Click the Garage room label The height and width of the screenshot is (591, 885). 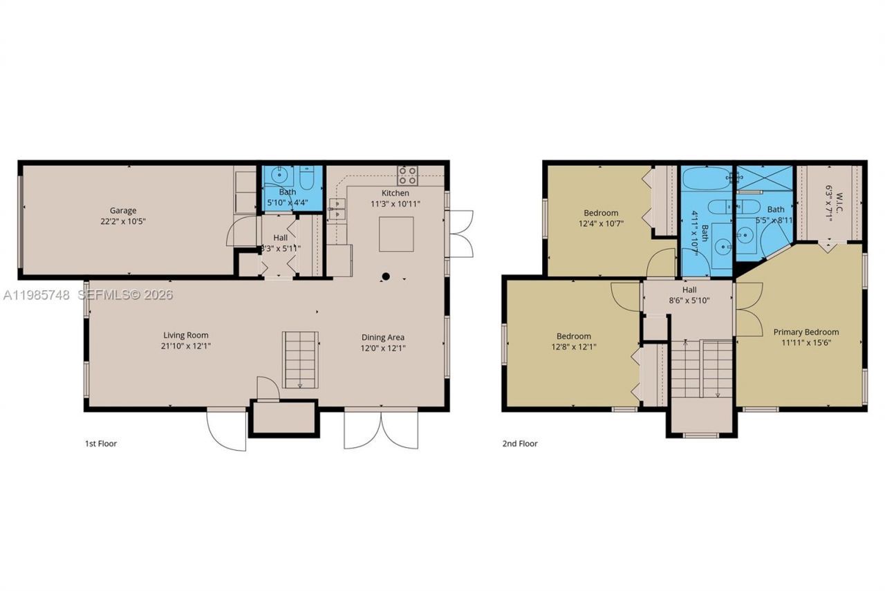(x=122, y=210)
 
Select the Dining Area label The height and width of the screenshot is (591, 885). (x=383, y=337)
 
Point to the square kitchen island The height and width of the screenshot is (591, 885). (x=396, y=234)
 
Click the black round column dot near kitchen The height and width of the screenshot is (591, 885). (x=386, y=277)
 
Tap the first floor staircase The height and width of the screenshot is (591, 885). (x=301, y=359)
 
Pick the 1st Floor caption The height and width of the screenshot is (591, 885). (x=101, y=444)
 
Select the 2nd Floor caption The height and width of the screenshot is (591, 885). (x=520, y=444)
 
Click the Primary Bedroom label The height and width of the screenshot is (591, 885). (x=805, y=332)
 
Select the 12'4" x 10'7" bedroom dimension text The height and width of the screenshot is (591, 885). (x=601, y=223)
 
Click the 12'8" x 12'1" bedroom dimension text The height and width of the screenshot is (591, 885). (x=573, y=347)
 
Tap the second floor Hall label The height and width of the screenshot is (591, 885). (x=689, y=290)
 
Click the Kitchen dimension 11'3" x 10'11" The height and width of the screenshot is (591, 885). (x=395, y=204)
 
